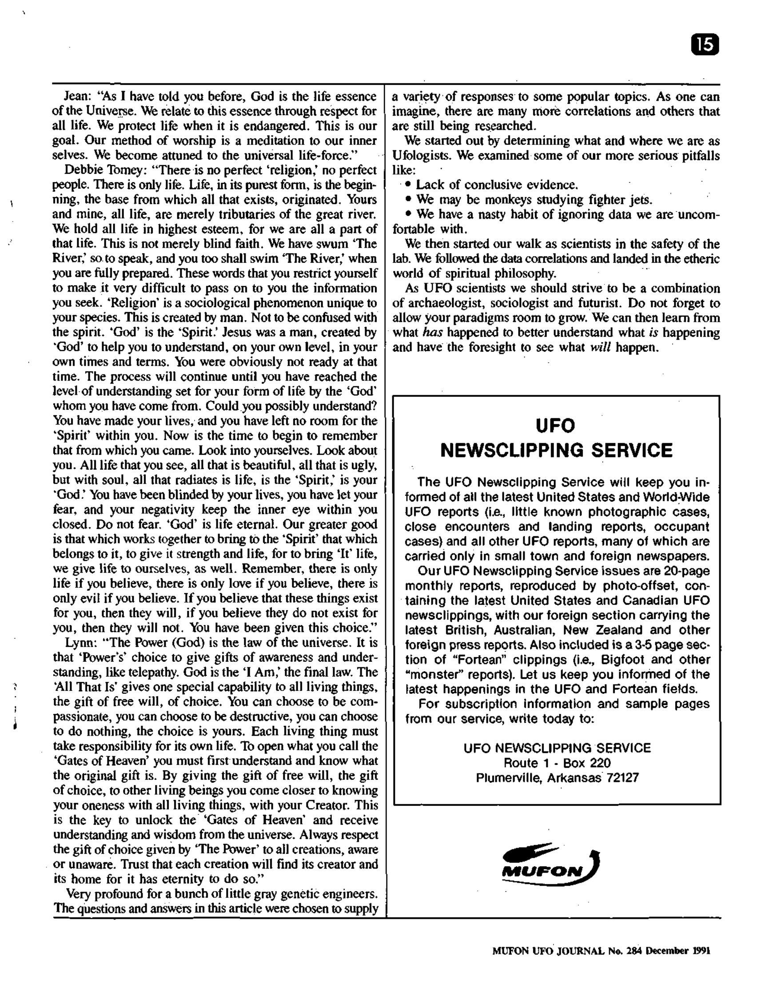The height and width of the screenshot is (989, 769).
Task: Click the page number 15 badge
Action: point(705,45)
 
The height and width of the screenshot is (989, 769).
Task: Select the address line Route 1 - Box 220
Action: point(557,763)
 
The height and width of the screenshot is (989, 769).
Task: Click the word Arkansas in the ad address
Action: point(574,778)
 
